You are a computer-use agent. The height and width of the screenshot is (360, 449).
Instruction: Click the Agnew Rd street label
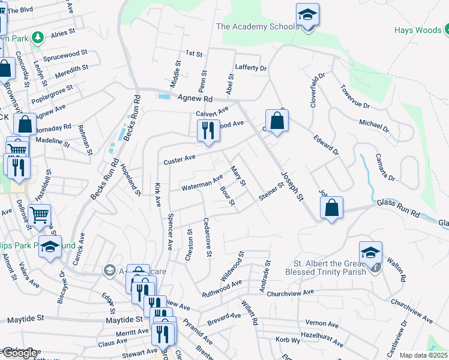click(x=195, y=98)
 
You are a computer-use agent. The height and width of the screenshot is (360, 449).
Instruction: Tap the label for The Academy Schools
click(x=257, y=26)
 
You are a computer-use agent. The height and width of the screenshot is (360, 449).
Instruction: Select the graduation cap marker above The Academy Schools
click(x=307, y=16)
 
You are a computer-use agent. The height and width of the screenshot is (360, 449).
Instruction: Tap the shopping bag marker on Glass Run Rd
click(x=331, y=209)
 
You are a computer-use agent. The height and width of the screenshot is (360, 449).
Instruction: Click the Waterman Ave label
click(x=203, y=182)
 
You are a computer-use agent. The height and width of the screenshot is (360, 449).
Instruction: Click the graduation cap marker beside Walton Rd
click(x=371, y=254)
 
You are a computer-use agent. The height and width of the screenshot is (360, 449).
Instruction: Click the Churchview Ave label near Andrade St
click(x=291, y=293)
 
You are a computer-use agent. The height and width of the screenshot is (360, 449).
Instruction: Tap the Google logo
click(x=19, y=353)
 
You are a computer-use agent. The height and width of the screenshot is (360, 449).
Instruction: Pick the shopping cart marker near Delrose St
click(x=39, y=215)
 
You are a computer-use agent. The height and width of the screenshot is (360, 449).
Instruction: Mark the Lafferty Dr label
click(x=251, y=68)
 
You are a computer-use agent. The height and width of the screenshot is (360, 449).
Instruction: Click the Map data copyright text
click(x=423, y=355)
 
